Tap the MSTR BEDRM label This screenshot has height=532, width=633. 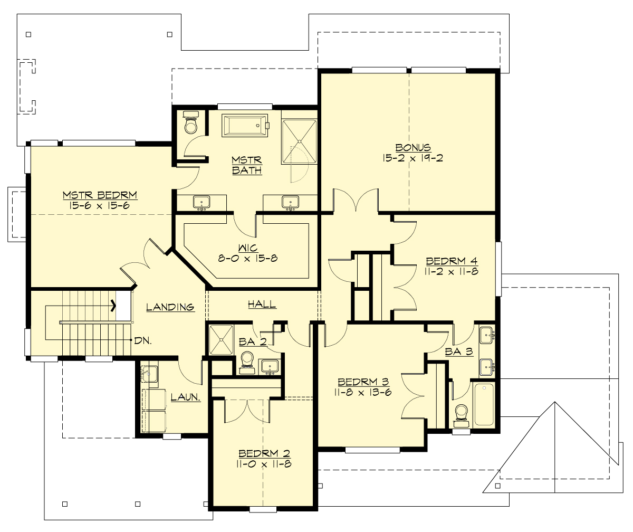click(x=100, y=195)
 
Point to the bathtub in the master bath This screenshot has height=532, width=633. click(x=245, y=126)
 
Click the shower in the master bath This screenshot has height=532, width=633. click(x=299, y=141)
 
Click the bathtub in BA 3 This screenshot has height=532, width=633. click(x=484, y=404)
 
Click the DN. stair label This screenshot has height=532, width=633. click(x=142, y=340)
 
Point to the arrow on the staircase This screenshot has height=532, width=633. click(x=113, y=305)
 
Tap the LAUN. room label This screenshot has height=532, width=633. click(x=186, y=397)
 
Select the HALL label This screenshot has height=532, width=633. click(x=262, y=305)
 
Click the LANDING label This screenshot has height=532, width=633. click(x=170, y=307)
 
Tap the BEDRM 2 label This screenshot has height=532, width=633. click(x=264, y=453)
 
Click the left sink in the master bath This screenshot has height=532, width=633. click(x=201, y=202)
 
